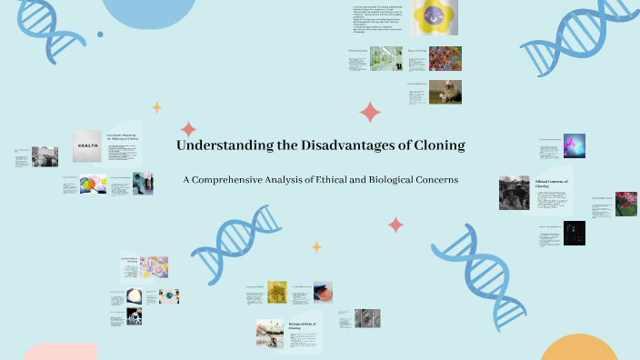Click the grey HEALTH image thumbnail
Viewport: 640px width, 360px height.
pyautogui.click(x=87, y=146)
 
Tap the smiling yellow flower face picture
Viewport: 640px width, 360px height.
pyautogui.click(x=428, y=15)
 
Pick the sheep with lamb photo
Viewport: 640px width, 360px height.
pyautogui.click(x=445, y=92)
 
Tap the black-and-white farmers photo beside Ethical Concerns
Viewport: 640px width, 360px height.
pyautogui.click(x=514, y=193)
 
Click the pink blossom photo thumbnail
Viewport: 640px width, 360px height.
pyautogui.click(x=625, y=203)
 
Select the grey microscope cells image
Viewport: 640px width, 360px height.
pyautogui.click(x=366, y=317)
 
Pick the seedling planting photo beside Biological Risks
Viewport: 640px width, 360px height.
pyautogui.click(x=270, y=334)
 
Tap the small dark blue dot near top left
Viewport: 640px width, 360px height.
pyautogui.click(x=100, y=35)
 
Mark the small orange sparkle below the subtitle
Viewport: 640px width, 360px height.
pyautogui.click(x=316, y=246)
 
